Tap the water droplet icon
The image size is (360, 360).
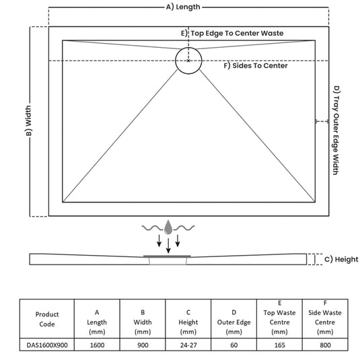(168, 227)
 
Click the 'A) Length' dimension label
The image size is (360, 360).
(183, 7)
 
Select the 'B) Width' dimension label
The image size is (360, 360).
(29, 120)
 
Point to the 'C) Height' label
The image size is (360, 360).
(341, 260)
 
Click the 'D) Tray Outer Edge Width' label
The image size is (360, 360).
(336, 131)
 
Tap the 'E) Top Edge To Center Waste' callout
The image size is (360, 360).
(232, 33)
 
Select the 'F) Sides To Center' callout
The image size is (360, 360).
(256, 66)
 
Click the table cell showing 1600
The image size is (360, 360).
(97, 345)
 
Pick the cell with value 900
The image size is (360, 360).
(143, 345)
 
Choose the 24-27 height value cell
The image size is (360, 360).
(188, 345)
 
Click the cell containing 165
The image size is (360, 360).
(279, 345)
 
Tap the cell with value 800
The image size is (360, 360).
(325, 345)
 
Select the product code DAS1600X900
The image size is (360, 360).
(47, 345)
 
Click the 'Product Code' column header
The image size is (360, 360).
(47, 319)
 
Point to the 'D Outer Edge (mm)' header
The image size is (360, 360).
(233, 322)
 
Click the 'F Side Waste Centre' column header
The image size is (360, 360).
(325, 318)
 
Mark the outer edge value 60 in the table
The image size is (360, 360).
(233, 345)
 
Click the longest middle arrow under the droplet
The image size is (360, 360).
(168, 246)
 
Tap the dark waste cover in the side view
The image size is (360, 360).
(167, 256)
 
